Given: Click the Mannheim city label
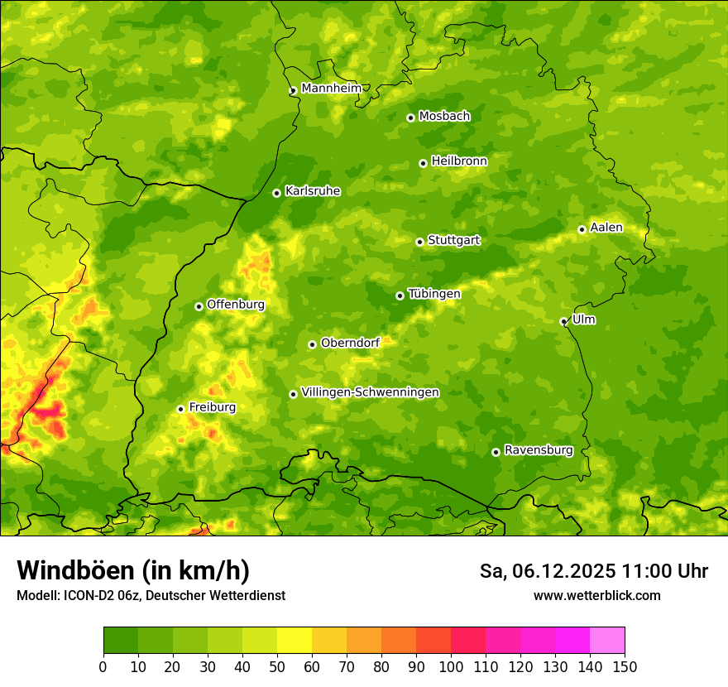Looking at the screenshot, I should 331,89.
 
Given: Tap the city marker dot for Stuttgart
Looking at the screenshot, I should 419,242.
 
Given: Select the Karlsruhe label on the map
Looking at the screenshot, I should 312,191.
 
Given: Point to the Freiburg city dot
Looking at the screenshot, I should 180,409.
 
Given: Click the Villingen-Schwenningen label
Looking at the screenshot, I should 370,392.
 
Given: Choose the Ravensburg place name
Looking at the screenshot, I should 538,450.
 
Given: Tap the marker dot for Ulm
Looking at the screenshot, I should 563,321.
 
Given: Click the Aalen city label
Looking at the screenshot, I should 606,228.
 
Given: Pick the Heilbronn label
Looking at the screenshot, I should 459,161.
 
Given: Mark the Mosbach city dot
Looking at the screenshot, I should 410,118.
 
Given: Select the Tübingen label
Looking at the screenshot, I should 433,294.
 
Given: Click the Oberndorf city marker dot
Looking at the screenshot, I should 312,344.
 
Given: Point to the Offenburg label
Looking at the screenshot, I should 236,305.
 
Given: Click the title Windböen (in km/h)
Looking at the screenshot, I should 133,571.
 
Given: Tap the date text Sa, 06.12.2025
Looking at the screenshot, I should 548,571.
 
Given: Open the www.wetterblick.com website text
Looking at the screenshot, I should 596,595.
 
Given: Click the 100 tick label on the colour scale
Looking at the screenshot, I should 451,666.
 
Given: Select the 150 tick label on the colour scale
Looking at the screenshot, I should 625,666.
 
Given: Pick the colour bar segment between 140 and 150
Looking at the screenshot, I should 607,640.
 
